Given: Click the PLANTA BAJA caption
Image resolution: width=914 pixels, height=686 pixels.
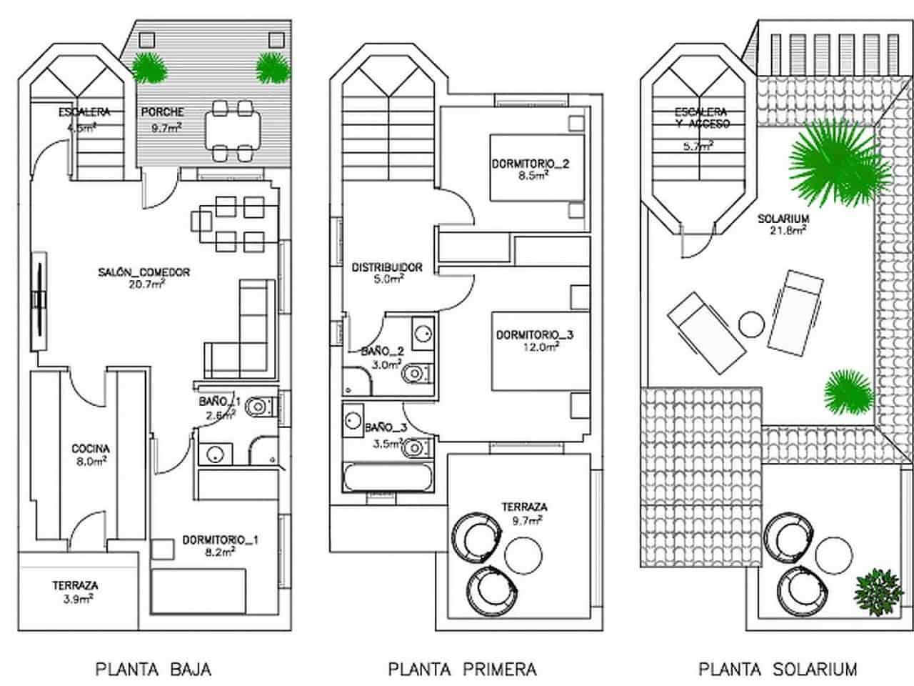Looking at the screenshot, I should coord(154,669).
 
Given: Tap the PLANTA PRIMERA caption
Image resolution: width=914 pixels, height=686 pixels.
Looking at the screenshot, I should coord(462,669).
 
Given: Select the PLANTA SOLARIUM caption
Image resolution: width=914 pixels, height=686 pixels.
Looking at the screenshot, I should coord(778,669).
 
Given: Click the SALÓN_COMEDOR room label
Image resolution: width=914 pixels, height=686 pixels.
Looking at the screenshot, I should coord(144,272).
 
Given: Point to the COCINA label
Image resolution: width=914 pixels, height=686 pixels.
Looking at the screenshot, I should coord(91,449).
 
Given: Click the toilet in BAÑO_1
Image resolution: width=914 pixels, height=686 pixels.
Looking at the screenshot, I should coord(258,408).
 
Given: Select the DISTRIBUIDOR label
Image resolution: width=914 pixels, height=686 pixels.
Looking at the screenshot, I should coord(387,267).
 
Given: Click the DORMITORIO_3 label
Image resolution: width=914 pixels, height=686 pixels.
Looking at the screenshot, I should coord(535,334).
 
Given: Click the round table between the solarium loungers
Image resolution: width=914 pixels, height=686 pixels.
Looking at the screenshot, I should coord(750,325).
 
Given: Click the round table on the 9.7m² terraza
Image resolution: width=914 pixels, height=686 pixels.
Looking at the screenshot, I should coord(525,554).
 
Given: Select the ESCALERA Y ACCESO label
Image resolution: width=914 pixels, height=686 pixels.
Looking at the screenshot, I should coord(700,118).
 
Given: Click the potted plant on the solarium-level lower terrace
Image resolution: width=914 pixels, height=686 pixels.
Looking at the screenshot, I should coord(875,589).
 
